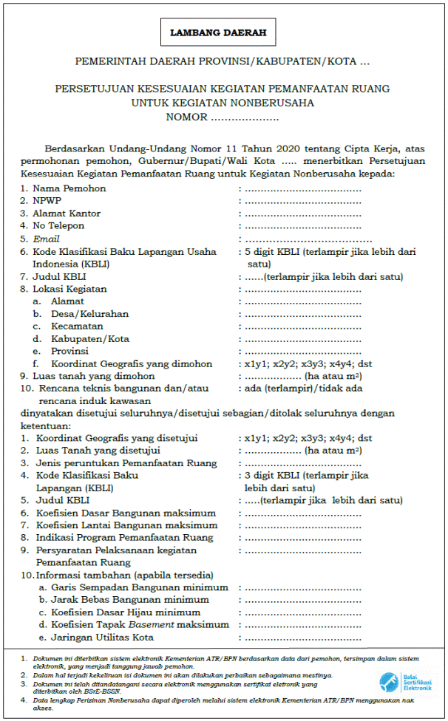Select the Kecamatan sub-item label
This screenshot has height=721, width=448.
coord(77,327)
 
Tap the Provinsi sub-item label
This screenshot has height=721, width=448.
coord(69,352)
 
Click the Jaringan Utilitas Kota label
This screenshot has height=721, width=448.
coord(102,638)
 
